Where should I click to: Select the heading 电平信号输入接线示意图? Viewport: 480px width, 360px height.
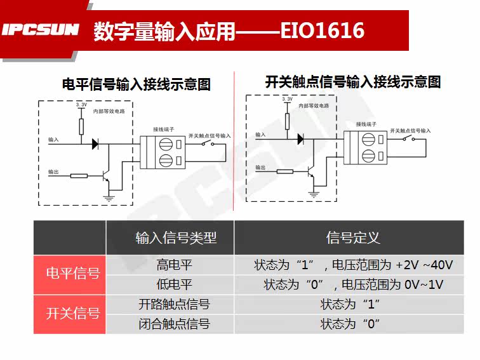coord(136,84)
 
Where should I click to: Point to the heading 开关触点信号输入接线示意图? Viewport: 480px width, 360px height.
coord(352,81)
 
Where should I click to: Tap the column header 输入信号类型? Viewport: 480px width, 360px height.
coord(176,237)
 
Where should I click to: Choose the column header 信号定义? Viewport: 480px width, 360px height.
coord(353,237)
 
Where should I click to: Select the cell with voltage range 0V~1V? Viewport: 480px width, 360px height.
coord(353,284)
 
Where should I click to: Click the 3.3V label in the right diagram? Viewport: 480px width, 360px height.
coord(286,100)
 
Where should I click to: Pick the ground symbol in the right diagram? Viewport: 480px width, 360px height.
coord(314,190)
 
